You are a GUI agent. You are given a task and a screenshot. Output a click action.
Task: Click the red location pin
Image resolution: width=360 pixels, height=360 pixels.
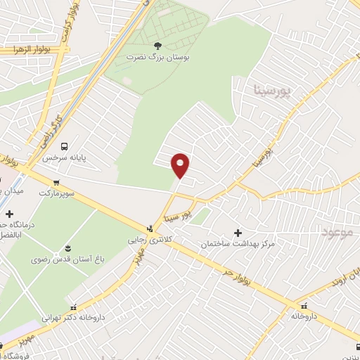pos(181,164)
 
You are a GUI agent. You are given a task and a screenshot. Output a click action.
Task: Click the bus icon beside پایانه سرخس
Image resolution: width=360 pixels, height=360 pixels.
pos(65,147)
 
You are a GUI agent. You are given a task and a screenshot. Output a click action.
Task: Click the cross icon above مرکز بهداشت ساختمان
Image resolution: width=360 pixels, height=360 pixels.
pos(237,233)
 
